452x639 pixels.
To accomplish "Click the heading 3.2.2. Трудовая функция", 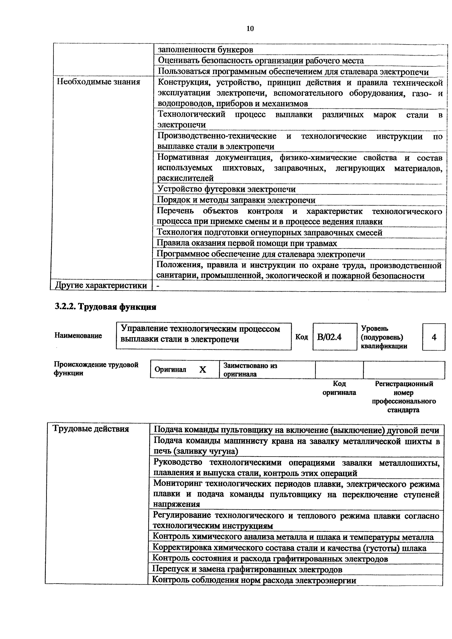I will pyautogui.click(x=105, y=307).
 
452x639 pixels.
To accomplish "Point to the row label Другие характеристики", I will pyautogui.click(x=101, y=286).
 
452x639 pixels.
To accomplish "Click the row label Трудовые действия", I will pyautogui.click(x=91, y=429).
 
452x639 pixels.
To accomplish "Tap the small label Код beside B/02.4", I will pyautogui.click(x=301, y=337).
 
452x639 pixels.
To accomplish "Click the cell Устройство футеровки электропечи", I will pyautogui.click(x=226, y=189).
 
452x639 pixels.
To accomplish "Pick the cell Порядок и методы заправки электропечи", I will pyautogui.click(x=236, y=200).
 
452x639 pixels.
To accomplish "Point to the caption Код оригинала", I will pyautogui.click(x=339, y=388).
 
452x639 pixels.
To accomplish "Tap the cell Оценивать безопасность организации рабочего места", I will pyautogui.click(x=261, y=61).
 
